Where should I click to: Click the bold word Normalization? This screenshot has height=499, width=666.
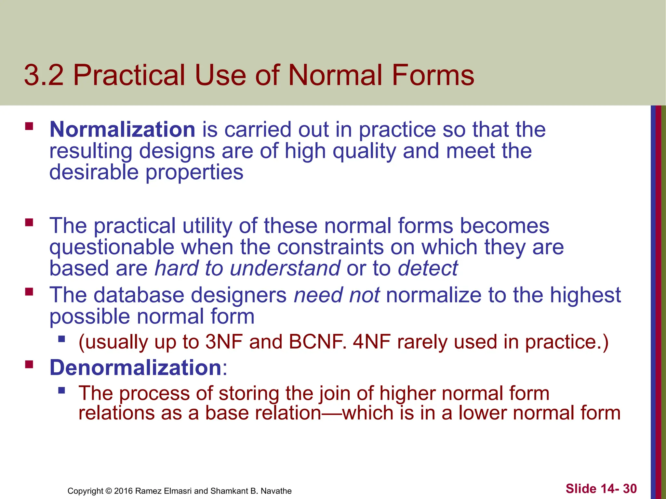pyautogui.click(x=122, y=130)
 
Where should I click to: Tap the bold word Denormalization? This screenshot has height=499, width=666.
pyautogui.click(x=136, y=368)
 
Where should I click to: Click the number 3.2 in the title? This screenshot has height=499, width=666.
pyautogui.click(x=44, y=75)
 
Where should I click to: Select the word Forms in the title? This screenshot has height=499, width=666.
pyautogui.click(x=433, y=75)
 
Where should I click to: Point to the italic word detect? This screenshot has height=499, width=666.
pyautogui.click(x=428, y=268)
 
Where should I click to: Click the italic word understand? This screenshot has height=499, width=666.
pyautogui.click(x=285, y=268)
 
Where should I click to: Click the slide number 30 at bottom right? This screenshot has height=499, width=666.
pyautogui.click(x=630, y=489)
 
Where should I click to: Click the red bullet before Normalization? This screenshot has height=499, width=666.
pyautogui.click(x=29, y=126)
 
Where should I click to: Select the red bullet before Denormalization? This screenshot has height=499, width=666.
pyautogui.click(x=29, y=364)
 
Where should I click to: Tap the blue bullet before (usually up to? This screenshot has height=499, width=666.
pyautogui.click(x=61, y=339)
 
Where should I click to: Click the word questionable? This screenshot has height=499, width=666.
pyautogui.click(x=112, y=247)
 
